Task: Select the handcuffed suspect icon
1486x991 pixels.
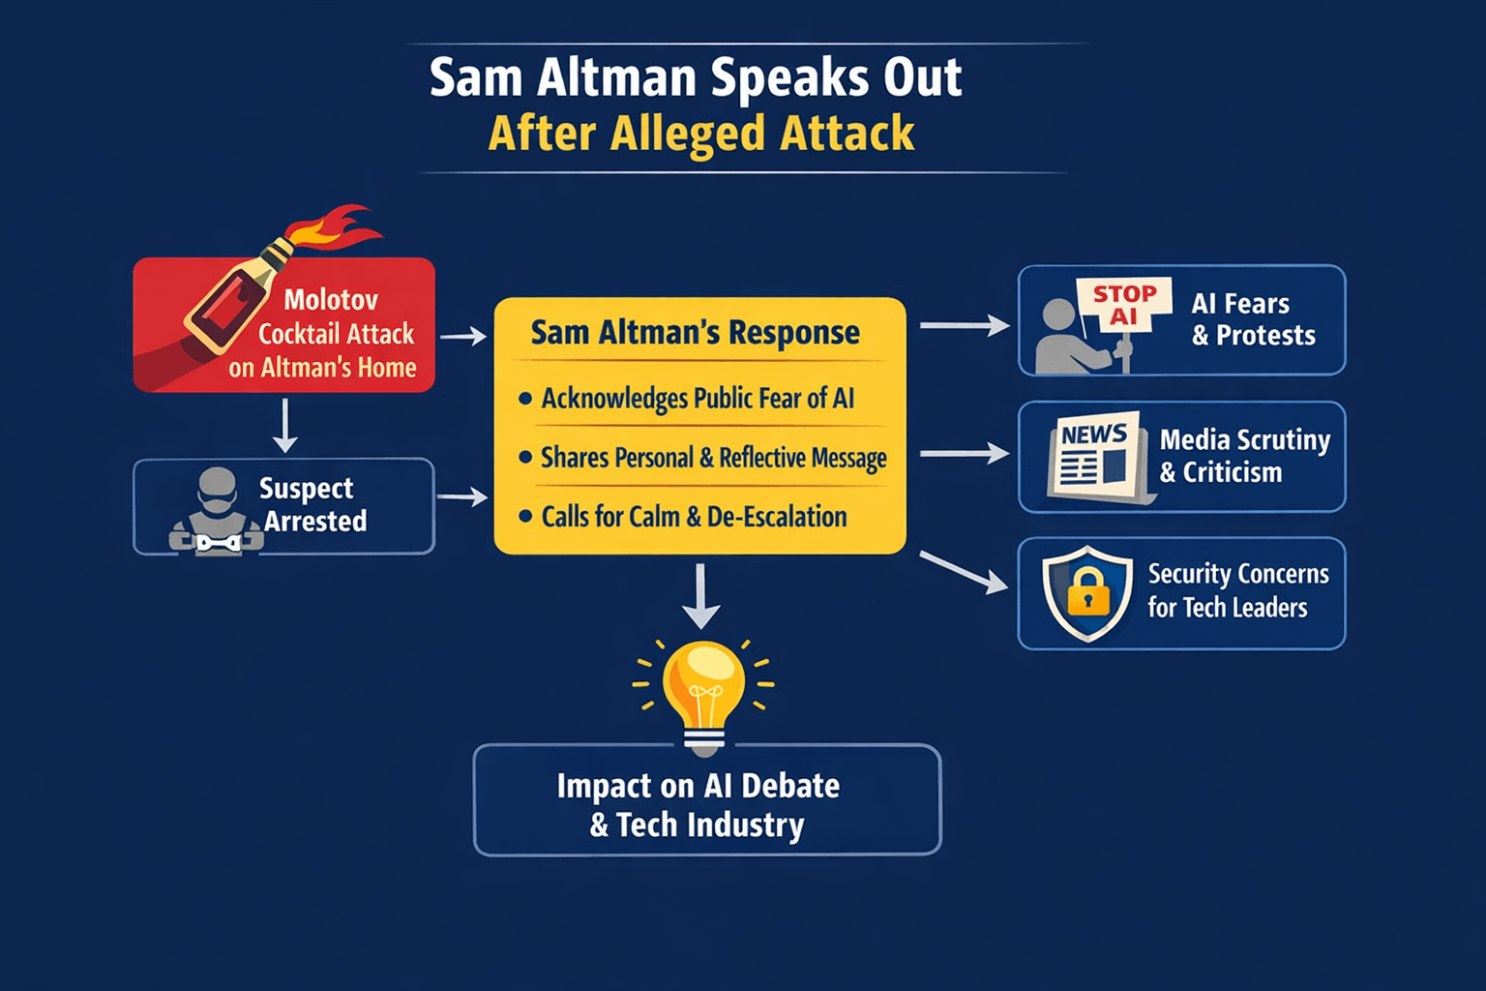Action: [217, 513]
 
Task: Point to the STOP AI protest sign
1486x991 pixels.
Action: [1123, 305]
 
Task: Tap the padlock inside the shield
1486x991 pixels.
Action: [1088, 591]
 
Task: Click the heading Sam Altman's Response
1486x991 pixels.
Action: [695, 333]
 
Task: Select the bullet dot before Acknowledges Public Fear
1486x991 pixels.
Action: [525, 399]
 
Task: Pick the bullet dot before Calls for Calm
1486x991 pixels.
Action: [525, 517]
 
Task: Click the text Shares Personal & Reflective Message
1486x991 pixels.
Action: [713, 458]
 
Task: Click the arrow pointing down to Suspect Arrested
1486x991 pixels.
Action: [284, 426]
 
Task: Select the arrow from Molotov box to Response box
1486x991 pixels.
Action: [463, 337]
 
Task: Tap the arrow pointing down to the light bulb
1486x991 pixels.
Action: [700, 596]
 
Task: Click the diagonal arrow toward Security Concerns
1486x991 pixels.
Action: [963, 572]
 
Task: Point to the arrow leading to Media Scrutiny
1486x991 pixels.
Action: [964, 453]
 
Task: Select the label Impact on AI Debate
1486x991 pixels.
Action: [698, 786]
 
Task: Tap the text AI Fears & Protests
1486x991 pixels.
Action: [1253, 319]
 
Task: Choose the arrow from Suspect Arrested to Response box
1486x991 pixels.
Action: [462, 497]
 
